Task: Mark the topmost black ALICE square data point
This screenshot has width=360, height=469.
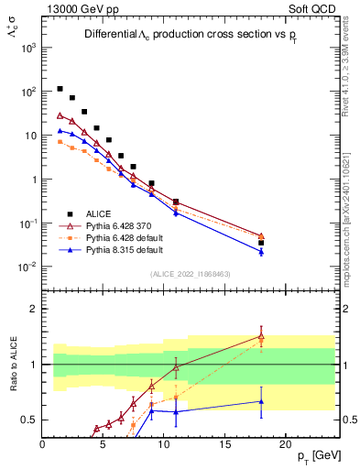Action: [60, 89]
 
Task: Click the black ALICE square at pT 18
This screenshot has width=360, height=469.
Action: [261, 243]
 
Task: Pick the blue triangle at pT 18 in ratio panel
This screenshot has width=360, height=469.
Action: [261, 401]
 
